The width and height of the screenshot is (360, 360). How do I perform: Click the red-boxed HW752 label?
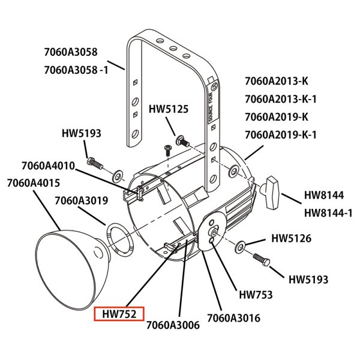tap(119, 314)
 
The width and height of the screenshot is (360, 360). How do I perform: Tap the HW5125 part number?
tap(169, 109)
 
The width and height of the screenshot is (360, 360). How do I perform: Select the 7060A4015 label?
tap(34, 183)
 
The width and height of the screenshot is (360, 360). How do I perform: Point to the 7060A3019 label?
tap(81, 200)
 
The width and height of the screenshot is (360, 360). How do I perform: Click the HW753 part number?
tap(256, 295)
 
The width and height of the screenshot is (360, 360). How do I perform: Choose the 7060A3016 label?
tap(233, 318)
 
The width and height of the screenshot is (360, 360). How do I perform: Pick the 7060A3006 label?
tap(173, 325)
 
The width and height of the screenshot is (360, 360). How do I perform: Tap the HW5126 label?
tap(292, 238)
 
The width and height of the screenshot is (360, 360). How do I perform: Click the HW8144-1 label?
tap(328, 213)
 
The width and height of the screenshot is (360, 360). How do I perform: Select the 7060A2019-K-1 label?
tap(281, 135)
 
